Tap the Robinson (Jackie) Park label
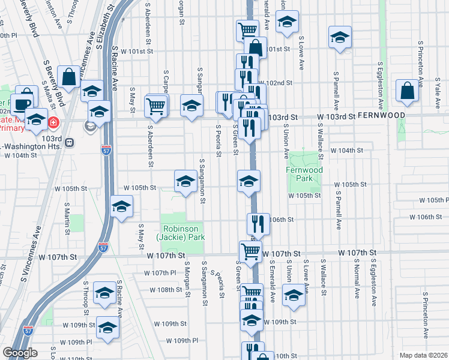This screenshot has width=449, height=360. [181, 233]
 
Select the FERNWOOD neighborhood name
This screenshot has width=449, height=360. [421, 115]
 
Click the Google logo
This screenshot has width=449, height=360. [20, 353]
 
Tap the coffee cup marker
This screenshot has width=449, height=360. [22, 103]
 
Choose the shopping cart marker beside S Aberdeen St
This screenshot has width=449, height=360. [155, 106]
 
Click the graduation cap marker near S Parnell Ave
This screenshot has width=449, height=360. [340, 37]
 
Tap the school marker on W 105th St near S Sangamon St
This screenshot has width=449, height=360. [185, 181]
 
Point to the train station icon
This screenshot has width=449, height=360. [70, 143]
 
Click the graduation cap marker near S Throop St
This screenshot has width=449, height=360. [105, 292]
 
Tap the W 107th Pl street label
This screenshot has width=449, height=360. [160, 274]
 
